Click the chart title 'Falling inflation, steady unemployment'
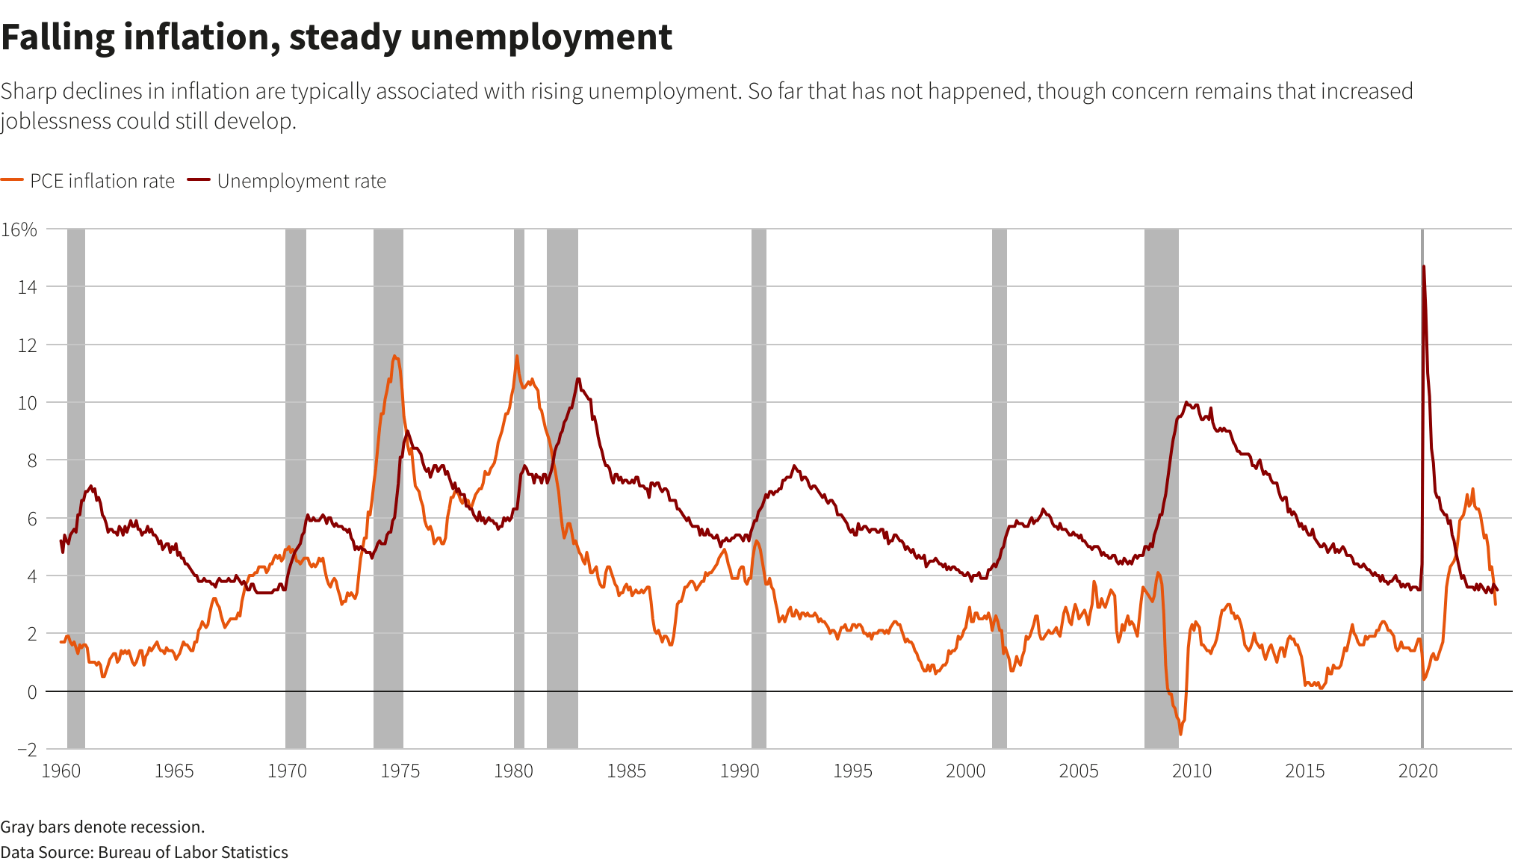337,37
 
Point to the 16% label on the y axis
19,229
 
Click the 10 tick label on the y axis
27,403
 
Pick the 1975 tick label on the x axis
400,771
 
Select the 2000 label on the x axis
965,771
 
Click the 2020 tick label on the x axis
1417,771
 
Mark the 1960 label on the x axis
61,771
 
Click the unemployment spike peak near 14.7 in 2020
1424,267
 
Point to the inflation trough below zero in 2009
1180,733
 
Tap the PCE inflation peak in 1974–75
394,357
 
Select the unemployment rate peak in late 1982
577,379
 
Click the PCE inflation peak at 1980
517,356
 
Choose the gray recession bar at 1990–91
758,486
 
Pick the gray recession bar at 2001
999,486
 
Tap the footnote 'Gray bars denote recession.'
102,827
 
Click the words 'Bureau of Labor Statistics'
193,852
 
